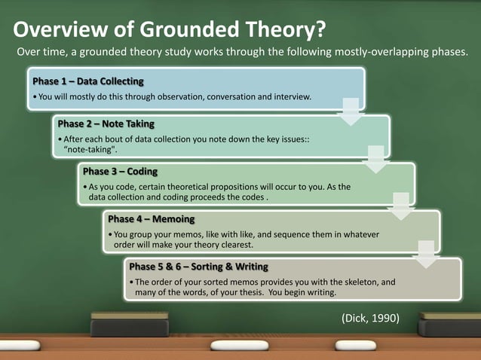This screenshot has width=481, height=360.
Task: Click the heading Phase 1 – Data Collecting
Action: (87, 81)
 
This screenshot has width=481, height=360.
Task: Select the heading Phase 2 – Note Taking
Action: (110, 124)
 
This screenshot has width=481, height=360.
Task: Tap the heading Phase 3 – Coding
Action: (120, 171)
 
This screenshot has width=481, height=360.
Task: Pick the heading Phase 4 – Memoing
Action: (151, 219)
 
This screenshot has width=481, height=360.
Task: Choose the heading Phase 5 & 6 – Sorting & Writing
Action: (198, 267)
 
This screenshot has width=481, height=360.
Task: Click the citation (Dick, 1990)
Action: (370, 318)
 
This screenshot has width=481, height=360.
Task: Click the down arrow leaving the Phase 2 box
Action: (375, 158)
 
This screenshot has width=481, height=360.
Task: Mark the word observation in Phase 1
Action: (173, 97)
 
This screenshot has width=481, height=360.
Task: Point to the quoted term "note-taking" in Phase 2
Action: (90, 150)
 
